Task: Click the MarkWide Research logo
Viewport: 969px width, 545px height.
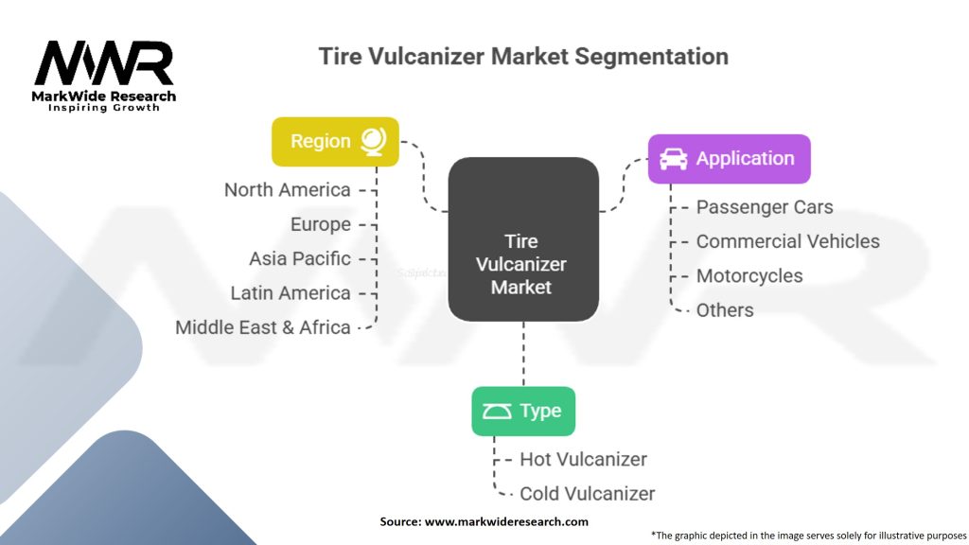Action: click(x=104, y=74)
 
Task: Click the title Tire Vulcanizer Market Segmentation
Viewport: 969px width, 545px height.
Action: click(x=523, y=56)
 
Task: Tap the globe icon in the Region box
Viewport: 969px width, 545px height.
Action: click(x=372, y=141)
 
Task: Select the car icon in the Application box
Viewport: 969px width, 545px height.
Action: click(x=673, y=159)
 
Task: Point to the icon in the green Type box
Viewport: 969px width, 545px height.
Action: click(x=496, y=412)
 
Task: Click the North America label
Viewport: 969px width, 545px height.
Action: click(x=287, y=190)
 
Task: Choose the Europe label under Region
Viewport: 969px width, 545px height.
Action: click(x=320, y=224)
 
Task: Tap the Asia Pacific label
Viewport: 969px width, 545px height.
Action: click(x=299, y=258)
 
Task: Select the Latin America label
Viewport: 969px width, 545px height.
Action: click(x=290, y=293)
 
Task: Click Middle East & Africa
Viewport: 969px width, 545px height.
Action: click(x=262, y=327)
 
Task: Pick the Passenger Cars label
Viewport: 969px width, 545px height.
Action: click(x=765, y=207)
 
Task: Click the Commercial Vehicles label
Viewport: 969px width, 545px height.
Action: click(x=787, y=241)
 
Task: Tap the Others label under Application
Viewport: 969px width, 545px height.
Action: click(x=725, y=310)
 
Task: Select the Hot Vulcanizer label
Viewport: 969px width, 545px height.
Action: click(x=583, y=460)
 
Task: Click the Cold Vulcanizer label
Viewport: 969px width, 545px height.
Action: click(x=587, y=494)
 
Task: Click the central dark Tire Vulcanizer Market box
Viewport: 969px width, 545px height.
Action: click(x=522, y=251)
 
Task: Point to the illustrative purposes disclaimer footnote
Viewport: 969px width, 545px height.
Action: click(x=808, y=535)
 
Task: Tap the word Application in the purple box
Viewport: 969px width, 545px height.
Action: click(x=745, y=159)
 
